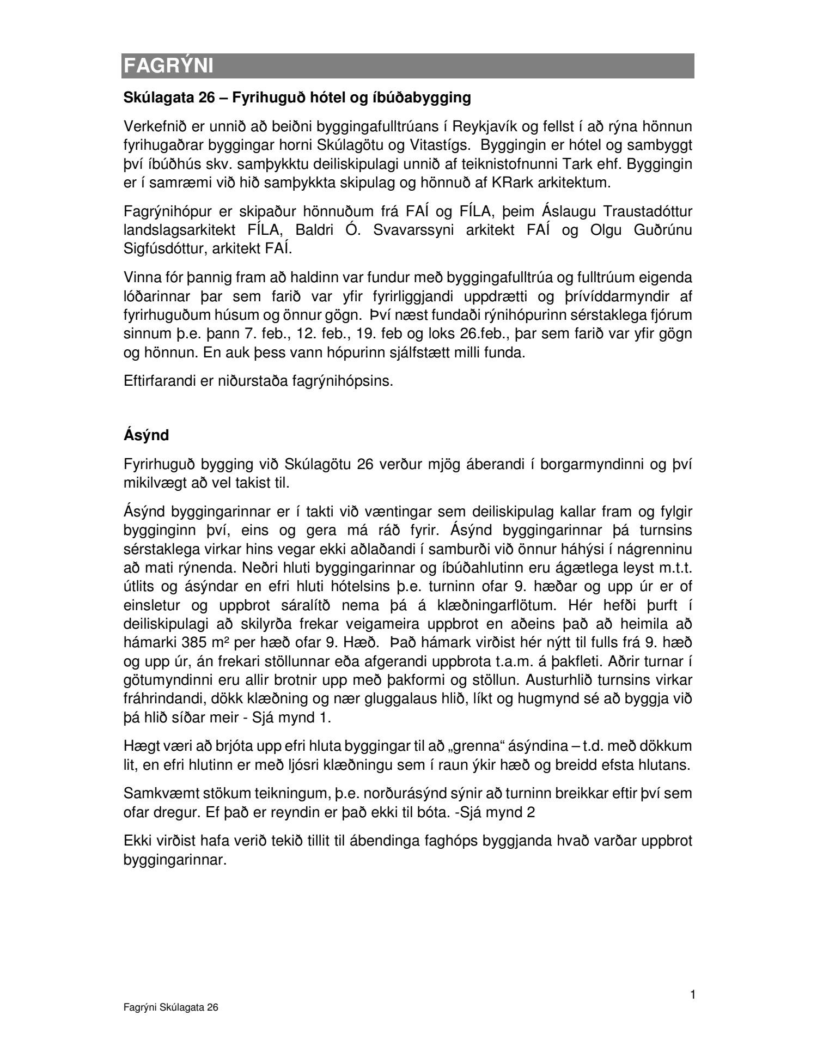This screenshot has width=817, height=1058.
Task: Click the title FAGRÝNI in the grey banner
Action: (x=168, y=66)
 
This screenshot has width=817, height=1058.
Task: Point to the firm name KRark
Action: (x=510, y=183)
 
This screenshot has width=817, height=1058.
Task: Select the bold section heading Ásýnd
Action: (x=147, y=435)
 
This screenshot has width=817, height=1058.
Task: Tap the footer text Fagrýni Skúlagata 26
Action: (x=171, y=1008)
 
